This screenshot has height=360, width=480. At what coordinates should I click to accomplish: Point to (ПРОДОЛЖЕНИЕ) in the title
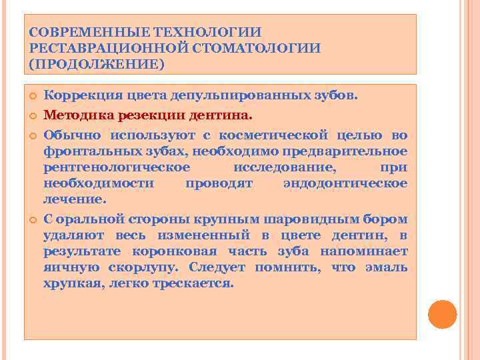[x=97, y=65]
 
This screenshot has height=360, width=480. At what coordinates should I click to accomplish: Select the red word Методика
[x=79, y=115]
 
